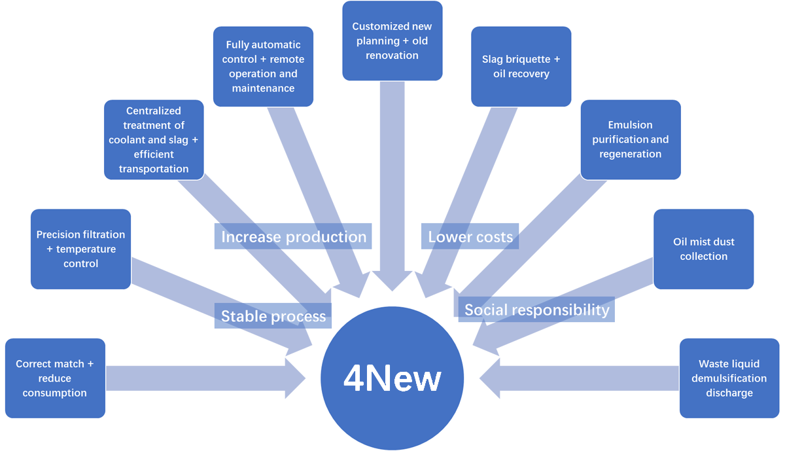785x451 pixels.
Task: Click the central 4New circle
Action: tap(392, 378)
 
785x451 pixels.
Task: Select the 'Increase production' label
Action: tap(293, 237)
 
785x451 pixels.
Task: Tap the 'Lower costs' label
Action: tap(470, 237)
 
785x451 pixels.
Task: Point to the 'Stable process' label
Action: tap(273, 317)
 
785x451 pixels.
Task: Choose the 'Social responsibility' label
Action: tap(536, 310)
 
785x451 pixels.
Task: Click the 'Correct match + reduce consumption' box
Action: tap(55, 378)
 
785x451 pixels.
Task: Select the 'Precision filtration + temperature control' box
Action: tap(80, 249)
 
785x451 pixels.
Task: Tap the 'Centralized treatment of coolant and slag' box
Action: tap(154, 139)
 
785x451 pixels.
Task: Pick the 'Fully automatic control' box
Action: tap(263, 66)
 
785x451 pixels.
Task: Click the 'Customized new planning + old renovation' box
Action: tap(392, 41)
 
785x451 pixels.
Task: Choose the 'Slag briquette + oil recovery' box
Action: tap(521, 66)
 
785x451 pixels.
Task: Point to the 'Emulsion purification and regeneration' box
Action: tap(631, 139)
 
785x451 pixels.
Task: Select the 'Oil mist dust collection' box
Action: tap(703, 249)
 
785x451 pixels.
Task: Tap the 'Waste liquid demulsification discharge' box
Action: tap(729, 378)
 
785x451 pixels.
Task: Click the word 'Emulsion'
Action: tap(630, 124)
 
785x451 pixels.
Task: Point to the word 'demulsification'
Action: tap(729, 378)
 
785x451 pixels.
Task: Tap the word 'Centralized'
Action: tap(154, 111)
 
